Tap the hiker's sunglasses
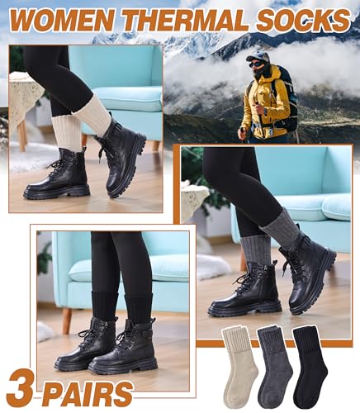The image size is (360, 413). [255, 60]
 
